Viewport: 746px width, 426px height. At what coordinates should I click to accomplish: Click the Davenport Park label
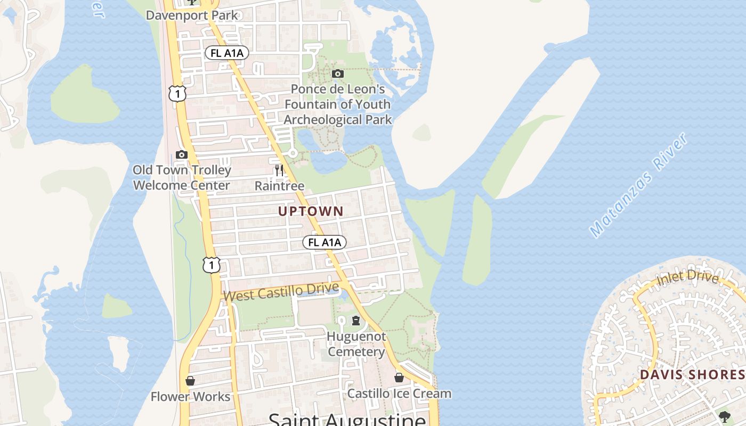[x=192, y=15]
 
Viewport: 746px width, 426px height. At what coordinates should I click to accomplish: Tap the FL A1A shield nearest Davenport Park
[x=226, y=53]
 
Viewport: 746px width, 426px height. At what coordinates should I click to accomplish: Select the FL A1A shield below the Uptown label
[x=325, y=242]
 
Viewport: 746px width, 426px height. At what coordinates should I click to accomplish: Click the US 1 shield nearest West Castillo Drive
[x=211, y=264]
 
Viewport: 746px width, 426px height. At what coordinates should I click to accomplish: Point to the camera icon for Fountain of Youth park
[x=338, y=73]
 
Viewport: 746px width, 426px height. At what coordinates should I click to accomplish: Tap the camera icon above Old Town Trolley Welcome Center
[x=182, y=154]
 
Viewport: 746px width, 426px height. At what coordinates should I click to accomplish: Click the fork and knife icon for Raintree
[x=279, y=170]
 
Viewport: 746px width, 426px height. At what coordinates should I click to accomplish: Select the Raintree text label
[x=279, y=186]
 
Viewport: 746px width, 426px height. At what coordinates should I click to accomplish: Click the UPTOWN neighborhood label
[x=311, y=211]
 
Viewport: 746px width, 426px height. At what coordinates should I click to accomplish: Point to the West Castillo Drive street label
[x=274, y=292]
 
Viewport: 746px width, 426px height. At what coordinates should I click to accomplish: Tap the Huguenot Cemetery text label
[x=356, y=344]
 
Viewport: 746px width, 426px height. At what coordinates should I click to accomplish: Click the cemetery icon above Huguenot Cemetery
[x=356, y=321]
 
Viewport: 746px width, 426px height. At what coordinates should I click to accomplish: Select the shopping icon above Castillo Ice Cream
[x=399, y=378]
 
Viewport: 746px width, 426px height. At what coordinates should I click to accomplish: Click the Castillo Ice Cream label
[x=399, y=394]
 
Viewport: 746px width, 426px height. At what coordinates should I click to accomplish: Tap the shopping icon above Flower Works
[x=190, y=381]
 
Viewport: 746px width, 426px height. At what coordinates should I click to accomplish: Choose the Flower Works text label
[x=190, y=397]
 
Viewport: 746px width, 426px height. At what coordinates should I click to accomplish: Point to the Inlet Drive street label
[x=687, y=277]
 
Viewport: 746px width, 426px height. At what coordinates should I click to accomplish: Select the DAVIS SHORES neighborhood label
[x=692, y=374]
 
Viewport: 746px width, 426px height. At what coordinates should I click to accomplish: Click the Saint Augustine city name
[x=347, y=420]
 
